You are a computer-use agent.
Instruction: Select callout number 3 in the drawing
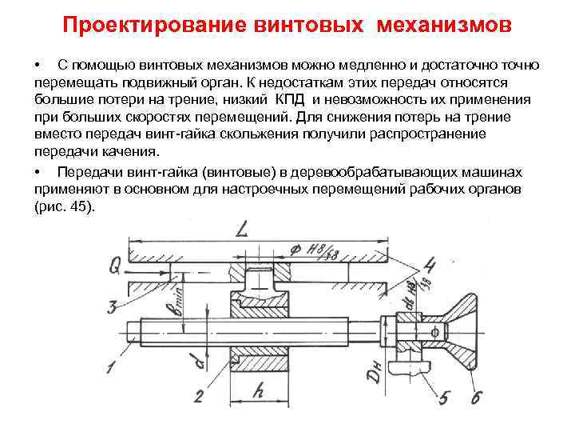pos(113,306)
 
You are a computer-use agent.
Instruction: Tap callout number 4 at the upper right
pos(429,265)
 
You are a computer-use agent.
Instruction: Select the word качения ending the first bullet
pos(131,152)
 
